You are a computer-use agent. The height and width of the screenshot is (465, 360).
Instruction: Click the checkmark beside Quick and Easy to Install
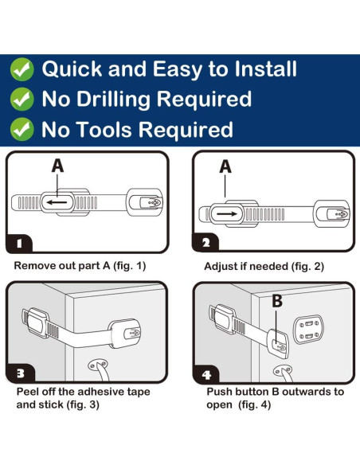[x=22, y=69]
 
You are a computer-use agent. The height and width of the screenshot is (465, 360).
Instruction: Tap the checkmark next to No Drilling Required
[x=22, y=99]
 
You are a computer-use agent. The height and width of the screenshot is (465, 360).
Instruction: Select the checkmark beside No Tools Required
[x=22, y=129]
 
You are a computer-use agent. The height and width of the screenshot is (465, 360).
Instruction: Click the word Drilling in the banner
[x=114, y=100]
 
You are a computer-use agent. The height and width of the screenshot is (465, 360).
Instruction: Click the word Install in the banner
[x=265, y=68]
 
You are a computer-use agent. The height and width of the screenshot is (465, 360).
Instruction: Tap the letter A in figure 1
[x=57, y=166]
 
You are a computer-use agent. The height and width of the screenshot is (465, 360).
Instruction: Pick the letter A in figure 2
[x=225, y=166]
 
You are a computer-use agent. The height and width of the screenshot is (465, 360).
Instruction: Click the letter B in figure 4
[x=277, y=301]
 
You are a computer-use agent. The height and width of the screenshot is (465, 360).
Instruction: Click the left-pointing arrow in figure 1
[x=57, y=202]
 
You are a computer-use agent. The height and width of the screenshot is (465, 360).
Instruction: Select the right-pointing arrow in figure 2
[x=227, y=214]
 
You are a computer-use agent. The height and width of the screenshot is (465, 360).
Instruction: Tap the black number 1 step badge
[x=19, y=244]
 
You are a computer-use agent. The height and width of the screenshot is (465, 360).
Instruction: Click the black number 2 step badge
[x=205, y=243]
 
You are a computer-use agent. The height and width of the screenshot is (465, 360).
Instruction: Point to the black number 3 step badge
[x=20, y=373]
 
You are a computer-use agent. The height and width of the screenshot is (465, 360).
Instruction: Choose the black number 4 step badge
[x=206, y=374]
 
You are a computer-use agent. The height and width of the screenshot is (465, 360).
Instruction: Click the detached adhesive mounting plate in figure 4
[x=307, y=330]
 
